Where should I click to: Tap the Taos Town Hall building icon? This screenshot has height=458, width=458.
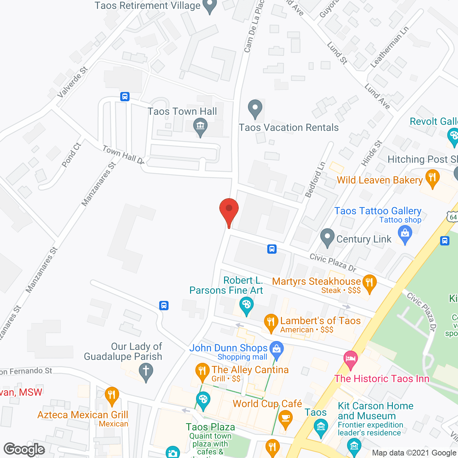(x=200, y=127)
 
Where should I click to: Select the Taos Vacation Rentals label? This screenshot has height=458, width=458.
(x=288, y=127)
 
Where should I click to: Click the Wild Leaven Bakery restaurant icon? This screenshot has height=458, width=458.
(x=432, y=178)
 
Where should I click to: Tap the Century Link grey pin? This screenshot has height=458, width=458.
(x=327, y=238)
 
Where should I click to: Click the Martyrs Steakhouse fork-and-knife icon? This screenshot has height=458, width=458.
(x=369, y=283)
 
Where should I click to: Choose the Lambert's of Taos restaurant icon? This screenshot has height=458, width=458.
(x=271, y=323)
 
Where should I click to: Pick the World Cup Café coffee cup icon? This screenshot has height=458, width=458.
(x=285, y=419)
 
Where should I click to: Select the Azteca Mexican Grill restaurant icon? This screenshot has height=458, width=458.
(x=112, y=396)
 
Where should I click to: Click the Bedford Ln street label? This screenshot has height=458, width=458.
(x=316, y=180)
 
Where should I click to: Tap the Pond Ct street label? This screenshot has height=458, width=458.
(x=72, y=155)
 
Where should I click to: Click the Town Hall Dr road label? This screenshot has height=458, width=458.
(x=123, y=155)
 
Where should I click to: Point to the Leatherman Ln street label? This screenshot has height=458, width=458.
(x=389, y=48)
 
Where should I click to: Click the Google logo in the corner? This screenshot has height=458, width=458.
(x=24, y=449)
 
